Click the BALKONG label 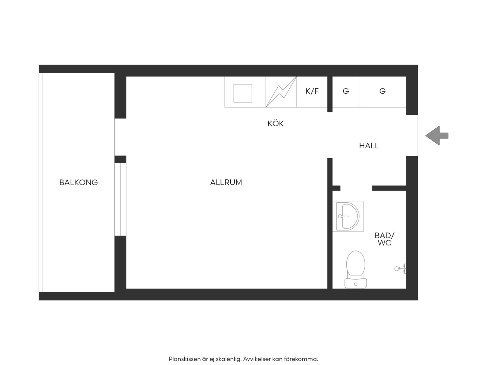click(78, 182)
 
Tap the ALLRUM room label click(226, 182)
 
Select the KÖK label click(276, 123)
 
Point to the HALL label click(369, 146)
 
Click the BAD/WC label click(385, 239)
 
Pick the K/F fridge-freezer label click(312, 91)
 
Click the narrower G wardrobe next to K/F click(346, 91)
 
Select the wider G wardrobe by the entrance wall click(382, 91)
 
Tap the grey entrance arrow click(437, 136)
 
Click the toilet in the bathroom click(355, 269)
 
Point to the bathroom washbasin click(348, 216)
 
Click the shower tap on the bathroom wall click(400, 269)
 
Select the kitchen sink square click(243, 93)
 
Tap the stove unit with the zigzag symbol click(281, 92)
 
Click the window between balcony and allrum click(120, 199)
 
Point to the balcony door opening click(120, 137)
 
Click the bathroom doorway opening click(356, 188)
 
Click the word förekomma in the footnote click(301, 359)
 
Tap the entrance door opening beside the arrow click(412, 136)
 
